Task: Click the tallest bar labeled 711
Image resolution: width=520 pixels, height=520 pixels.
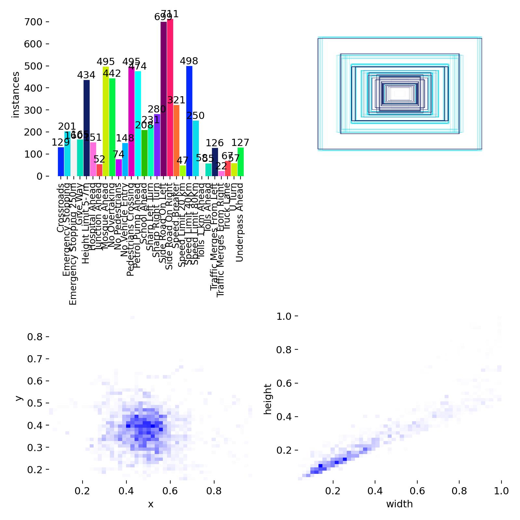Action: coord(170,97)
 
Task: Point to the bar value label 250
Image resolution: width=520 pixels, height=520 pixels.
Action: coord(196,116)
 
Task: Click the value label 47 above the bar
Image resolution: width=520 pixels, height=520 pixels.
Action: coord(183,160)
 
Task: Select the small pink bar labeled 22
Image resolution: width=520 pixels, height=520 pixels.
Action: coord(221,173)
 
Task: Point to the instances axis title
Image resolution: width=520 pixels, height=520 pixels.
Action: coord(16,95)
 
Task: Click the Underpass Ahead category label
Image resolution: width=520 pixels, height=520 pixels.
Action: coord(240,222)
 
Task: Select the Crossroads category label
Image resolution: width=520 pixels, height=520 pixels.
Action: coord(60,208)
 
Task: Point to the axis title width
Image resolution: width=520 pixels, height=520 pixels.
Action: coord(399,504)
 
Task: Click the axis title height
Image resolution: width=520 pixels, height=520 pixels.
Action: coord(268,399)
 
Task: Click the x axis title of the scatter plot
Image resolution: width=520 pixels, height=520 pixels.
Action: coord(150,504)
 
